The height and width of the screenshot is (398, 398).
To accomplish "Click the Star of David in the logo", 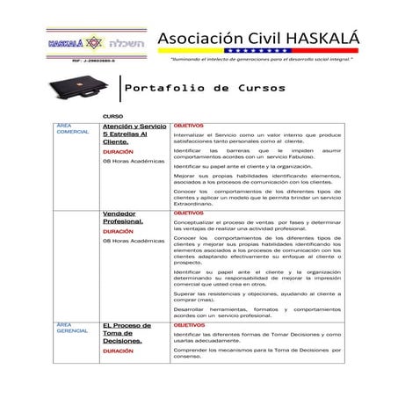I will (x=95, y=42).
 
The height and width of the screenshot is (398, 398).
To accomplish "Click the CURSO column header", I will (x=112, y=117).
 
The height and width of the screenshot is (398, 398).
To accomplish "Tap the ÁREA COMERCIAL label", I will (x=72, y=129).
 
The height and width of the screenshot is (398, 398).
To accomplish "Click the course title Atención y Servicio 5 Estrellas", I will (x=134, y=134).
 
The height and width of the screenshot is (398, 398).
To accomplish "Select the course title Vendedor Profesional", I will (x=122, y=217).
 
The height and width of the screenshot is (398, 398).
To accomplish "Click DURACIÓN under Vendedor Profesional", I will (x=118, y=231).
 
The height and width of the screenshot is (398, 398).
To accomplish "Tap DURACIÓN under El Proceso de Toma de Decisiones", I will (x=118, y=350).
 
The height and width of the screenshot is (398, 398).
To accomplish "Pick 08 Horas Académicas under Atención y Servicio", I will (x=133, y=161).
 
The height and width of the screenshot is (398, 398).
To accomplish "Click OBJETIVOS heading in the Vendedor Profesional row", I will (x=188, y=213).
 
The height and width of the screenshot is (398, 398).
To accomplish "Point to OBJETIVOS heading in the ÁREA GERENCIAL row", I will (x=188, y=325).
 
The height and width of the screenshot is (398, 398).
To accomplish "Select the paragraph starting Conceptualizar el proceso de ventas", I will (x=257, y=225).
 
